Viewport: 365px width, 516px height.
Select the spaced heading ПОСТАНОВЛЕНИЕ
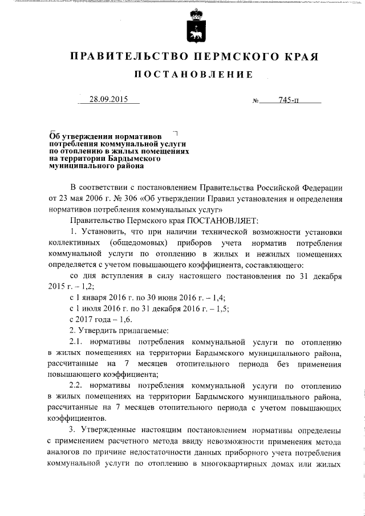[x=193, y=75]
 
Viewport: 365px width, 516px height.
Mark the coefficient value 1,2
[x=86, y=286]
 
